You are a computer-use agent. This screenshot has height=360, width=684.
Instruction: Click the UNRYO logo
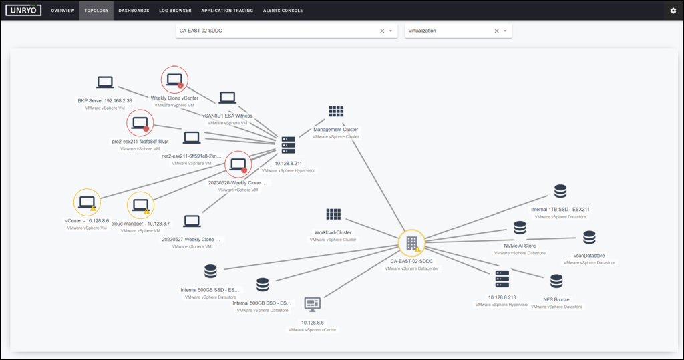pos(23,10)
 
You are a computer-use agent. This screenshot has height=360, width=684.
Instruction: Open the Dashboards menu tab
pos(134,11)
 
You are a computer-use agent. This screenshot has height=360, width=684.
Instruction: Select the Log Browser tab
pos(176,11)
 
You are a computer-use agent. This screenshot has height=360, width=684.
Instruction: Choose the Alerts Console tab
pos(283,11)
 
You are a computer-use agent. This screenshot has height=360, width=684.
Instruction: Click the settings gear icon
pos(673,11)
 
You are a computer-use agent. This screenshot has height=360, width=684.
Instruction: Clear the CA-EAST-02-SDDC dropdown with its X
pos(382,31)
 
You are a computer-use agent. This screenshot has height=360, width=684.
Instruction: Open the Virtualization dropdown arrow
pos(505,31)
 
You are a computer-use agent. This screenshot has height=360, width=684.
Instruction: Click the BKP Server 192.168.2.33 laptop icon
pos(105,82)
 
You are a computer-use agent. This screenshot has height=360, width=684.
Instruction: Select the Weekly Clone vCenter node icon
pos(174,80)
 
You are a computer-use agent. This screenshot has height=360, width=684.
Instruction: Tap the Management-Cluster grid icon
pos(336,112)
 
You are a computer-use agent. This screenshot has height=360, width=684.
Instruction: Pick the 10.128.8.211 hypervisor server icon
pos(289,145)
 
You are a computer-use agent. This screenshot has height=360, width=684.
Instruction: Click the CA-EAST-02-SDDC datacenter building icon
pos(411,243)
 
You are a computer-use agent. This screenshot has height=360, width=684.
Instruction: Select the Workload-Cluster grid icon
pos(333,214)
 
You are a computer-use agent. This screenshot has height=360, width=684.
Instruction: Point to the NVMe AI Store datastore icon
pos(520,228)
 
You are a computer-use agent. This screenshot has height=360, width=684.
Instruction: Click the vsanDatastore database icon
pos(589,238)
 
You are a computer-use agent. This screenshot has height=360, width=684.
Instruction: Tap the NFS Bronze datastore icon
pos(556,281)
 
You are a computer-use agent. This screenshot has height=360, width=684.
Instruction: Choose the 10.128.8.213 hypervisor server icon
pos(502,279)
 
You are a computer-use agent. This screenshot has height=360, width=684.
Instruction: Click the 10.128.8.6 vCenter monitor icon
pos(313,304)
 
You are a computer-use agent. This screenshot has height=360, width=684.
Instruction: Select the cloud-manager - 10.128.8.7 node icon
pos(140,205)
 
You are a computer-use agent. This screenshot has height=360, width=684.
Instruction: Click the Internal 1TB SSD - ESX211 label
pos(560,210)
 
